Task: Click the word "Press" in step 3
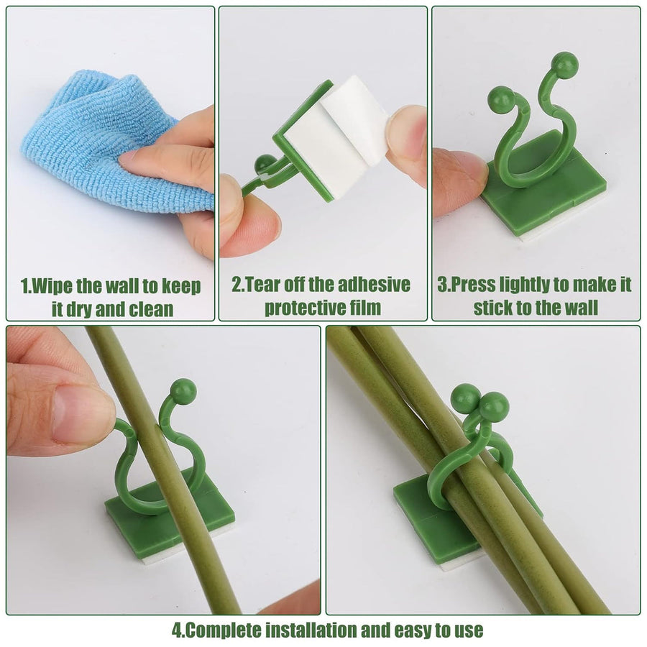[x=472, y=285]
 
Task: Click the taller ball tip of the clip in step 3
[x=565, y=65]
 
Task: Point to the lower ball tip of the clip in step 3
[x=500, y=98]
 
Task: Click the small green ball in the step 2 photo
[x=265, y=163]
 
